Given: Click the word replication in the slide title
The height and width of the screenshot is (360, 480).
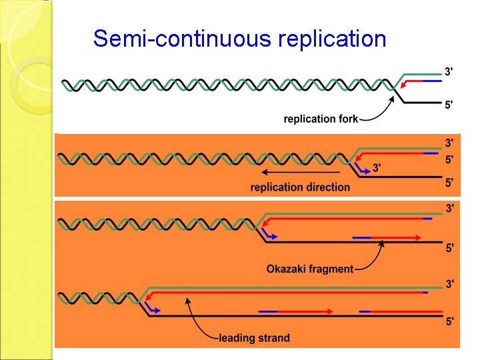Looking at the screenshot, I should (333, 39).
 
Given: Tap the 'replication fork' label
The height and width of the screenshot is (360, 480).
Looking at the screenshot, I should (321, 119).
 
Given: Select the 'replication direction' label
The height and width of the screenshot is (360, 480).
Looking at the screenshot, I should (300, 187).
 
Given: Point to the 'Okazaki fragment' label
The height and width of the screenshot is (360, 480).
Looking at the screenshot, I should (310, 269).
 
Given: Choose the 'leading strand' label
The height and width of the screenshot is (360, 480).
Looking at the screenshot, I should (254, 338).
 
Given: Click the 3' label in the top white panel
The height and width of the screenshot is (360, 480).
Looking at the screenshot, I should (450, 71).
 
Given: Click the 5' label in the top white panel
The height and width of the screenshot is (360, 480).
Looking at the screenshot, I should (450, 104).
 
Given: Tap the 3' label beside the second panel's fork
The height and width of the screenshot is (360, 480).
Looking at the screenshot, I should (377, 168).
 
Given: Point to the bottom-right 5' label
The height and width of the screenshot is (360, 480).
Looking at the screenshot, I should (450, 321).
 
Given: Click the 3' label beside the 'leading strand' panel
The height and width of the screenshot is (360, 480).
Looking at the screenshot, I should (450, 285).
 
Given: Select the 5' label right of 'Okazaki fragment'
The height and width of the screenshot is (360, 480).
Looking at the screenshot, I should (450, 248).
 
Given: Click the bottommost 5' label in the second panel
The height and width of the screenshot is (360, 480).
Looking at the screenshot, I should (450, 181).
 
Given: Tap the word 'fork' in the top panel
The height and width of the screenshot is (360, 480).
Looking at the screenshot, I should (347, 119).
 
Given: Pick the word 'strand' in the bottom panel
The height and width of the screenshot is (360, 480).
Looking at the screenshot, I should (273, 338).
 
